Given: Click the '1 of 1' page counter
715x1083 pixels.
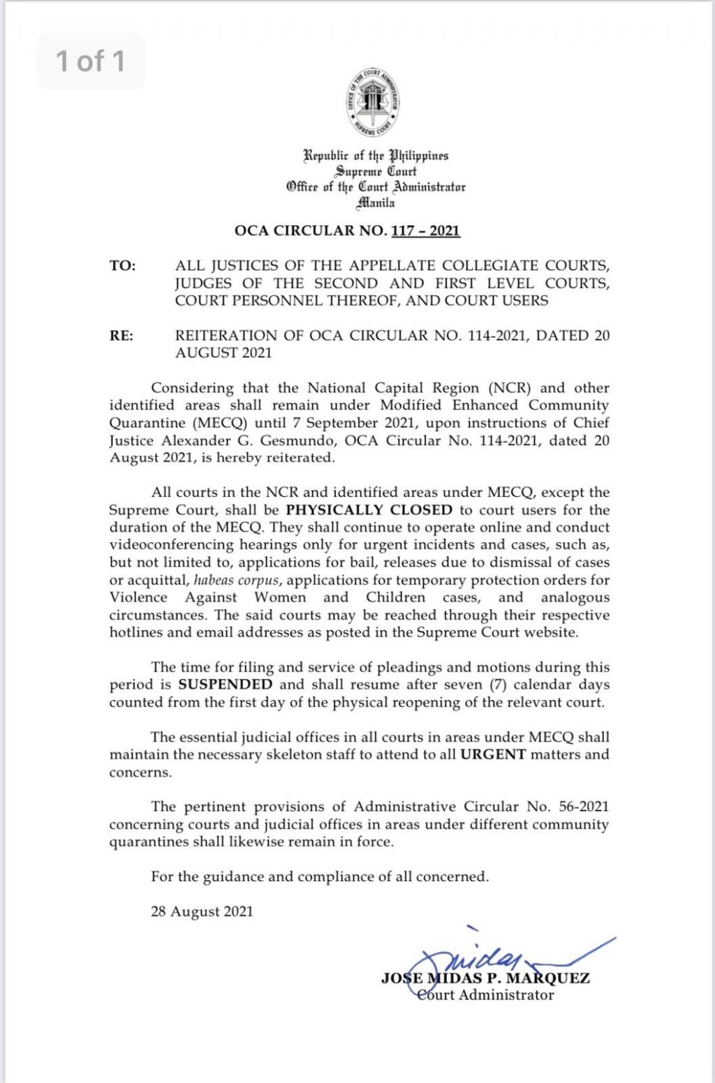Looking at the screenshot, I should (x=90, y=61).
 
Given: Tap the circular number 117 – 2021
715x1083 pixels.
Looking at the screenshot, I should (x=426, y=231).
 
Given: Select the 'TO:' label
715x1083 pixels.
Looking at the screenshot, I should (x=122, y=266).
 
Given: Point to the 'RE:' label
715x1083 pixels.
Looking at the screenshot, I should (x=121, y=336).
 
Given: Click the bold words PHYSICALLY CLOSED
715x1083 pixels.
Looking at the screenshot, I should (x=369, y=510).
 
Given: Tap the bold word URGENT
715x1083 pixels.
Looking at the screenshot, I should (x=493, y=754).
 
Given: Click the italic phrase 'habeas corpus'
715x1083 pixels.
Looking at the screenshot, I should (x=237, y=581).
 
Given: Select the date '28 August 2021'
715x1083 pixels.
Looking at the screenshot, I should (x=202, y=911).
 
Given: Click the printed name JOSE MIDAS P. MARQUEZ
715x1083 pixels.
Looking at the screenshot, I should (x=485, y=978).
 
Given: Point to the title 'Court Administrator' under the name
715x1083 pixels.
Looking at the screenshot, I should (x=485, y=995).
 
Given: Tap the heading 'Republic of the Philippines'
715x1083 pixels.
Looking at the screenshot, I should (x=376, y=155).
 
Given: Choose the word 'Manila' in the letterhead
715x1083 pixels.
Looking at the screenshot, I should (x=376, y=203).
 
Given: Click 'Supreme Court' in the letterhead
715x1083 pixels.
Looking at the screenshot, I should (x=376, y=171).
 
